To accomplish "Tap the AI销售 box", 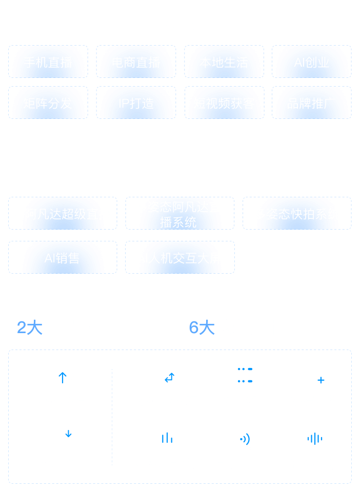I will coord(63,257).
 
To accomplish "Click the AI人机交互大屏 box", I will coord(180,257).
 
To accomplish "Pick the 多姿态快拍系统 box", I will coord(297,213).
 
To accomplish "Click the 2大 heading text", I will coord(30,327).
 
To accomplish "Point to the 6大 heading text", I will coord(202,327).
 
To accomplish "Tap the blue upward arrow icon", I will coord(63,378).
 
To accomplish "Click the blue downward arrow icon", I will coord(68,434).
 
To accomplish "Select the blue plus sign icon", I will coord(321,380).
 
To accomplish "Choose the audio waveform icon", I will coord(314,439).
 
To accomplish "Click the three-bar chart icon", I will coord(167,438).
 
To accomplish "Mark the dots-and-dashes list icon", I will coord(245,375).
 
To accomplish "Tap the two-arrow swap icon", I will coord(169,378).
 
